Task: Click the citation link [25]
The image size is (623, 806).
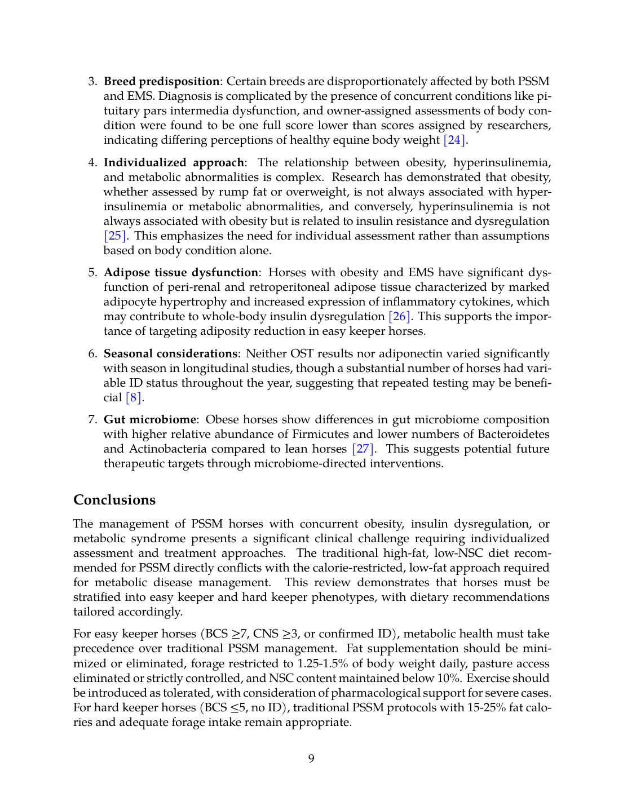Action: click(x=115, y=236)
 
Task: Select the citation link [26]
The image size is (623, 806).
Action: click(x=400, y=317)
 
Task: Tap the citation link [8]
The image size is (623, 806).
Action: click(x=134, y=398)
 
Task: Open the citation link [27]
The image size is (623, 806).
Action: click(x=363, y=449)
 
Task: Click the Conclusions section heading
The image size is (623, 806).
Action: click(x=114, y=501)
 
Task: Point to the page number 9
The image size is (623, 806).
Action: click(x=311, y=759)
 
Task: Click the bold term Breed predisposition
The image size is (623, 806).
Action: click(x=161, y=82)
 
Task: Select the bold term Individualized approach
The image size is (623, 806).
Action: click(x=174, y=163)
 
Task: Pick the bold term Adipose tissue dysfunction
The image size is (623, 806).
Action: click(x=181, y=273)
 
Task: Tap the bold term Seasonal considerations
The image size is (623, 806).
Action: click(x=170, y=354)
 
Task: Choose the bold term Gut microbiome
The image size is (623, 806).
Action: click(x=150, y=420)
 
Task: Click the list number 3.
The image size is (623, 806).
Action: click(x=92, y=82)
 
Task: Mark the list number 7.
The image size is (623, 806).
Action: click(x=92, y=420)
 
